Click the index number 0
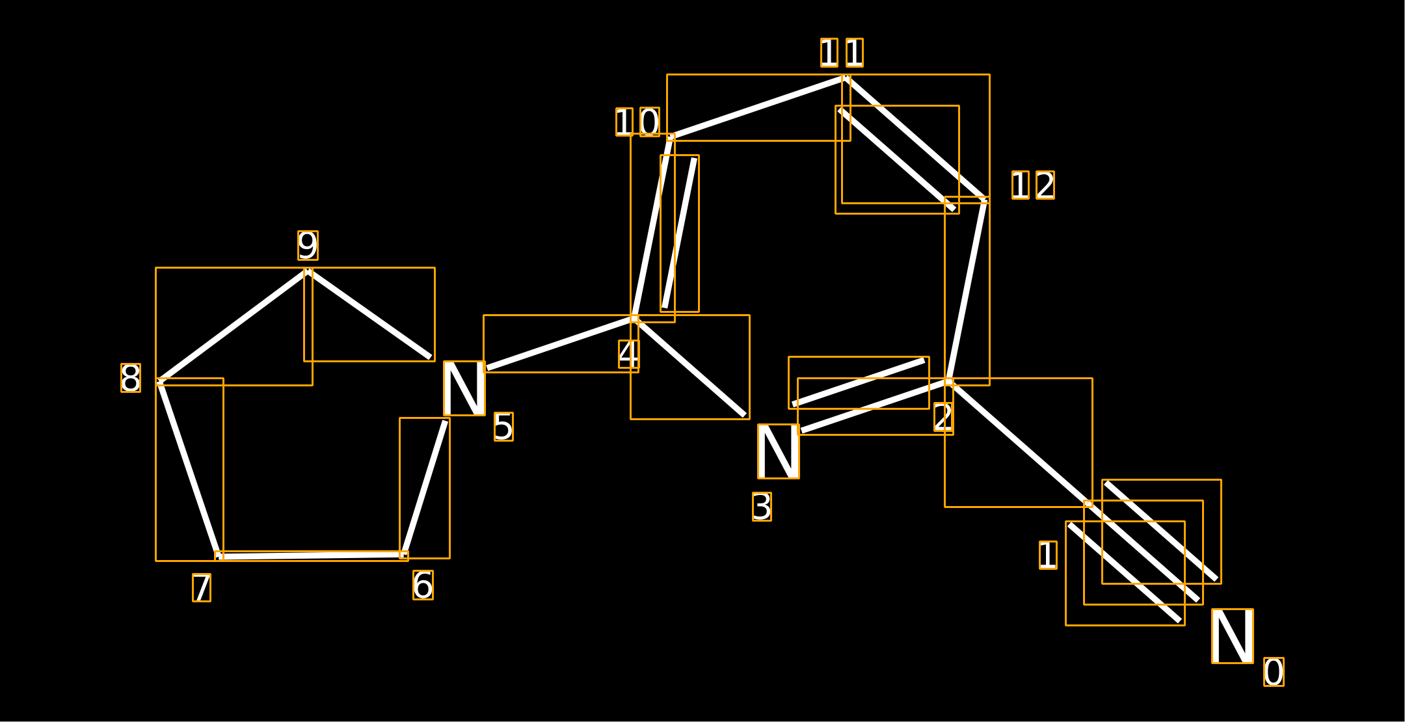pos(1274,672)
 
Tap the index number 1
pos(1048,555)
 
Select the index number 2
pos(944,417)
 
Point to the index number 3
pos(762,507)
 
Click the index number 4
pos(629,354)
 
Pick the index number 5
pos(503,427)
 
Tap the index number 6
pos(423,585)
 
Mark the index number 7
pos(202,587)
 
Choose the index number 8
pos(131,378)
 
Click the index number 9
pos(308,245)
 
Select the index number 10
pos(637,122)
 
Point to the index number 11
pos(842,53)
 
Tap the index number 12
pos(1033,185)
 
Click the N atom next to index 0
pos(1233,636)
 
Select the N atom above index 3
pos(779,451)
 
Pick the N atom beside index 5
pos(464,388)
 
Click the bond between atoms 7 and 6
pos(312,555)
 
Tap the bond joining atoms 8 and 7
pos(189,469)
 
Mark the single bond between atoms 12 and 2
pos(967,291)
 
